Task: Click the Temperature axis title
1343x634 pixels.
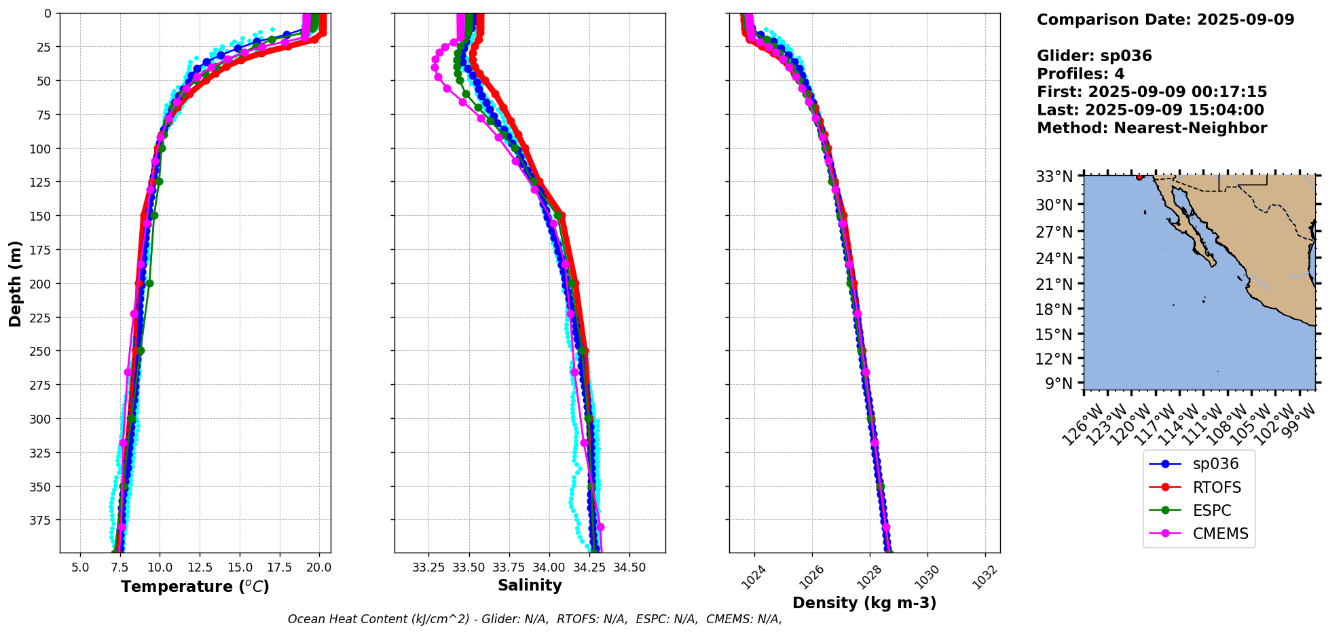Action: (x=195, y=586)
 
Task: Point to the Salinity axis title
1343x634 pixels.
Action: (x=530, y=586)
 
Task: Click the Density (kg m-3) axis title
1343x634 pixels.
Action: (x=864, y=603)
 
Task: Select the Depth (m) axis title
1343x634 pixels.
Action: (x=16, y=283)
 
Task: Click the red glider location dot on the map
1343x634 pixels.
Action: (x=1139, y=177)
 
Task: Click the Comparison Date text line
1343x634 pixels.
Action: (x=1165, y=20)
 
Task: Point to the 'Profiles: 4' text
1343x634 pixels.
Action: (x=1080, y=74)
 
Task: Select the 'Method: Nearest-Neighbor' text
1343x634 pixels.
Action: (x=1152, y=128)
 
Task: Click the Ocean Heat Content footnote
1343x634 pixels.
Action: (x=534, y=619)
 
